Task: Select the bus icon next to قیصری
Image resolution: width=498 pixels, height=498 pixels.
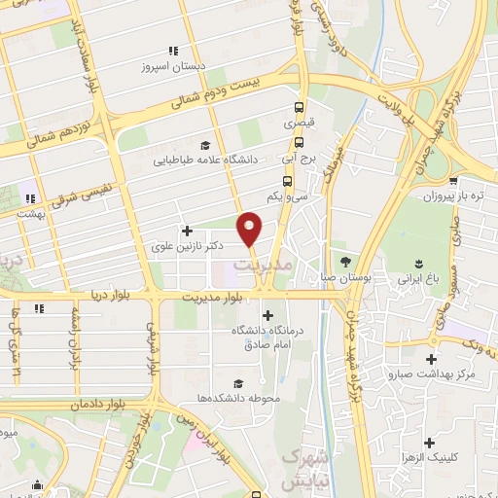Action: [300, 109]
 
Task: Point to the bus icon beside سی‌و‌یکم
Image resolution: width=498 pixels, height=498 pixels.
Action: [287, 181]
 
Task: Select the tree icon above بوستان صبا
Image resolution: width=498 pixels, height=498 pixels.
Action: [345, 262]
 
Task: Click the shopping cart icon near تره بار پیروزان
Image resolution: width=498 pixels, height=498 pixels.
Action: [454, 181]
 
